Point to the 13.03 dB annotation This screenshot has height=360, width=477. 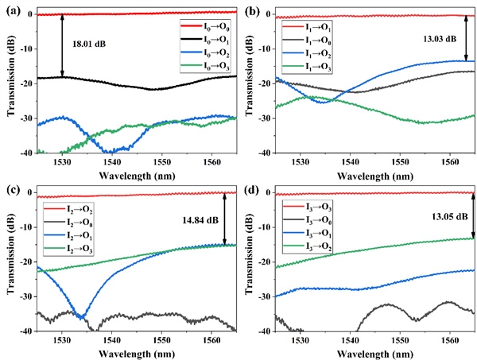click(x=440, y=38)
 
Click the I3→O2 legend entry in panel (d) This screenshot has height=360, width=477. click(x=305, y=245)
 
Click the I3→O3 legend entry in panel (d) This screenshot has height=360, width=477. click(x=305, y=207)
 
